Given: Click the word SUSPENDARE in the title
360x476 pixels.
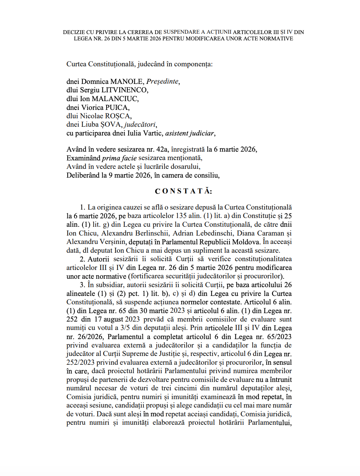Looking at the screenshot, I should (182, 32).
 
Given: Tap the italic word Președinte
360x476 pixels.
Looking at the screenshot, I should (162, 81).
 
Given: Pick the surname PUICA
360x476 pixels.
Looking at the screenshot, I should (117, 107).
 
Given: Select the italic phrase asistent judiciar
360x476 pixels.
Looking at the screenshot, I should (189, 133).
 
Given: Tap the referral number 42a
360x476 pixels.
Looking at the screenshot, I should (162, 150).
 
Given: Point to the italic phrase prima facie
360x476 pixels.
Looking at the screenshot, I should (119, 158).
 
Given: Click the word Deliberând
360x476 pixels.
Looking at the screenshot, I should (83, 176).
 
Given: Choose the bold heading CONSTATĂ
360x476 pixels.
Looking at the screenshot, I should (184, 191).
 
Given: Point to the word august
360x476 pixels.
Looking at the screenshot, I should (113, 319).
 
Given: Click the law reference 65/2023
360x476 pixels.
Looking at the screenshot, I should (279, 337).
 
